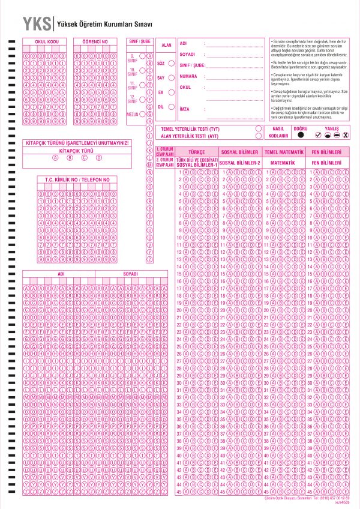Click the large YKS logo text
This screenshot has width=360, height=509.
[x=37, y=24]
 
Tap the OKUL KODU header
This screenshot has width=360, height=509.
[x=46, y=41]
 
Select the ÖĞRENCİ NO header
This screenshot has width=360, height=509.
[x=95, y=41]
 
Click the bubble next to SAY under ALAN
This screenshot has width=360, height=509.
[x=172, y=78]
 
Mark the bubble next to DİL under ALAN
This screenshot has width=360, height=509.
[x=172, y=107]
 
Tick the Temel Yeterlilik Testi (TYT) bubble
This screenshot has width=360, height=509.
[x=258, y=128]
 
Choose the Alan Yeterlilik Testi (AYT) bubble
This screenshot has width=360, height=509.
[x=258, y=136]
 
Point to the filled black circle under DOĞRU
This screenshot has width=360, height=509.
[x=301, y=136]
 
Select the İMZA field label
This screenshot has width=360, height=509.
[x=185, y=109]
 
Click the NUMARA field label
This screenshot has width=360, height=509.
[x=188, y=77]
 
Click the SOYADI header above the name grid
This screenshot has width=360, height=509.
[x=130, y=274]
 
